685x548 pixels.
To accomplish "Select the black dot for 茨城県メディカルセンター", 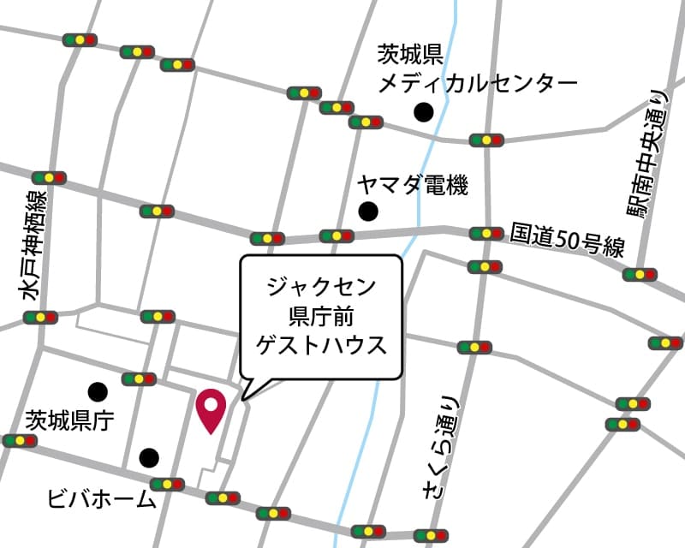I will pos(422,111).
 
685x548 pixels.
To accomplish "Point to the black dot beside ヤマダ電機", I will pos(368,211).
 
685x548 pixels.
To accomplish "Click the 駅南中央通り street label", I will pos(650,154).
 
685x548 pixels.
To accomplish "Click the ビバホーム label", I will pos(102,499).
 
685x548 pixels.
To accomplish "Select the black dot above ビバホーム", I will pos(149,456).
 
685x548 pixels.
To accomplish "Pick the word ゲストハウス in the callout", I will pos(320,344).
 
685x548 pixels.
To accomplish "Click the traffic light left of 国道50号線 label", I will pos(486,233).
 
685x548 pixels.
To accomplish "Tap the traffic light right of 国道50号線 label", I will pos(640,275).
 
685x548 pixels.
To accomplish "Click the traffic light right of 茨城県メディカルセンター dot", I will pos(486,140).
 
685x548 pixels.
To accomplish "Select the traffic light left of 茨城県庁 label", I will pos(19,441).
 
